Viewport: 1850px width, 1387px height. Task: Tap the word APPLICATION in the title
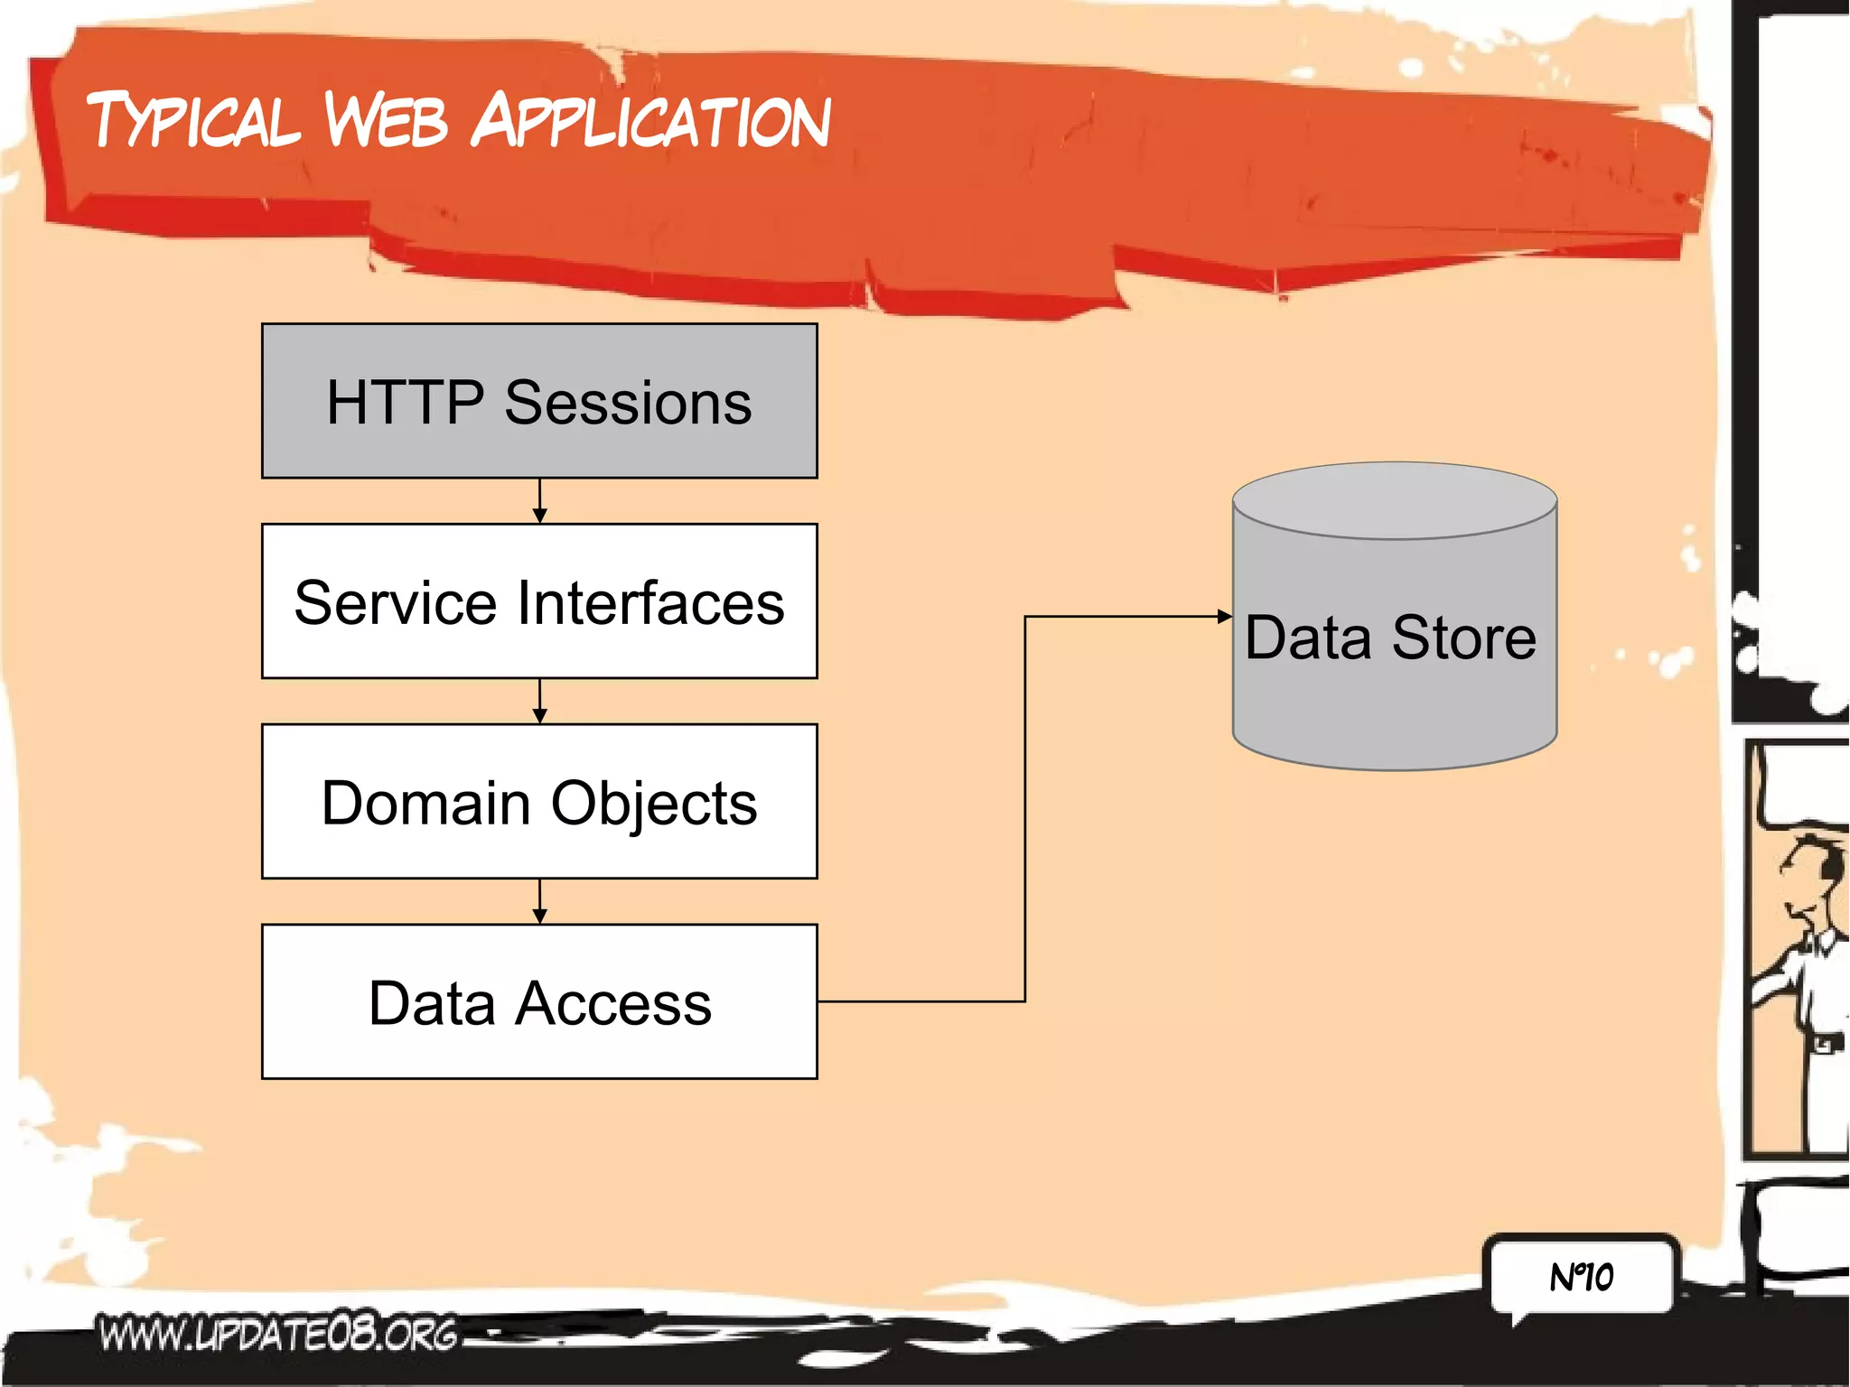click(651, 121)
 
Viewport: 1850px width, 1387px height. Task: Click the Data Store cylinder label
click(1390, 638)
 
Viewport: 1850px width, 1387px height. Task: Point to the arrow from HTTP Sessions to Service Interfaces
click(540, 501)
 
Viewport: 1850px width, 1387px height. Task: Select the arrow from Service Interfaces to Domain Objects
click(540, 702)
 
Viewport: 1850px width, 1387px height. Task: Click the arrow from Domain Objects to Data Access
click(540, 902)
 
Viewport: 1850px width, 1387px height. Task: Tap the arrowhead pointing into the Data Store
click(1224, 617)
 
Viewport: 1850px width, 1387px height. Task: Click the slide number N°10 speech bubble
click(1582, 1277)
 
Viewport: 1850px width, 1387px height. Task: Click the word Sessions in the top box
click(628, 403)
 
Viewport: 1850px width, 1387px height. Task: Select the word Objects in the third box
click(654, 804)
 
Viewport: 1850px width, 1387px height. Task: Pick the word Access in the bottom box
click(613, 1003)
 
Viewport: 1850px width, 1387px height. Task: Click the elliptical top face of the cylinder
click(1395, 500)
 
